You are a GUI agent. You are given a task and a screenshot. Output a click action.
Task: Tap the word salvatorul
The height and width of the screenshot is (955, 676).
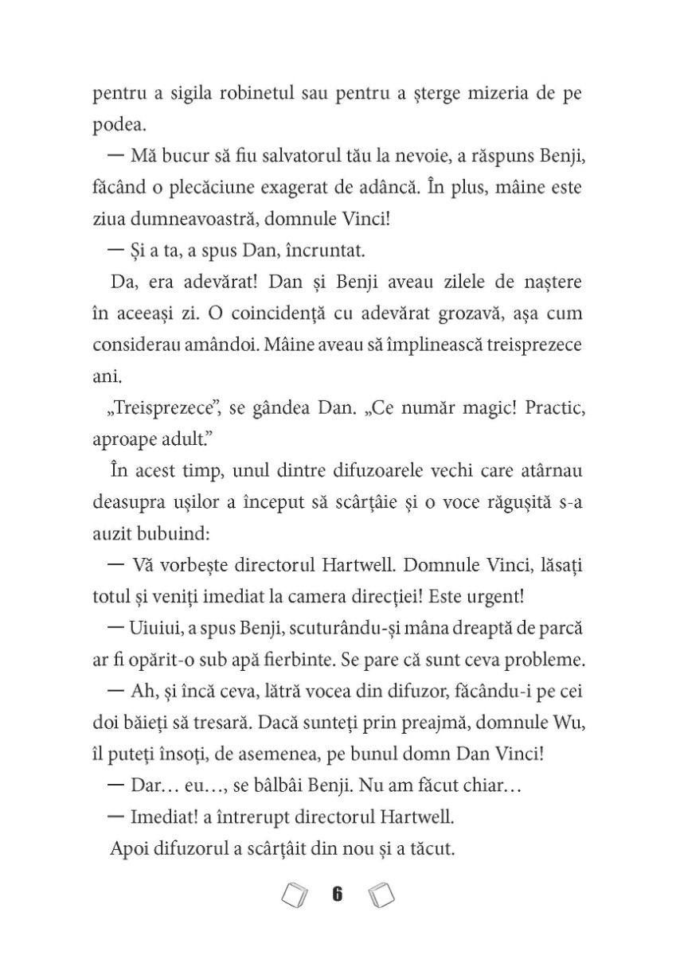point(287,158)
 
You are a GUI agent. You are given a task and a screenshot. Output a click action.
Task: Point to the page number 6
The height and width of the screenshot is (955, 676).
point(337,896)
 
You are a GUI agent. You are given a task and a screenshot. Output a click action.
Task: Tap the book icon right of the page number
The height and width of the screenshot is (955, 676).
point(381,896)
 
